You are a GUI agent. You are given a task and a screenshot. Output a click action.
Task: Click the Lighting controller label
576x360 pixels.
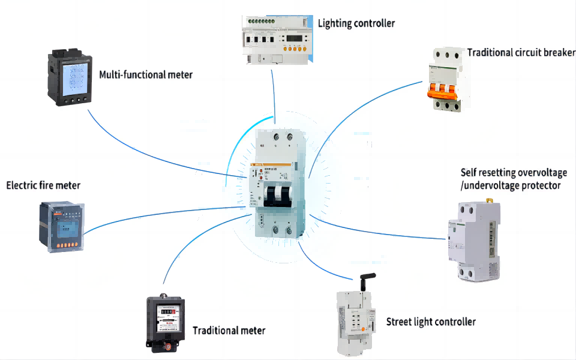pos(356,23)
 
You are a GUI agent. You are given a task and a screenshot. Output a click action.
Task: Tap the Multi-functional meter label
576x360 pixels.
pos(146,75)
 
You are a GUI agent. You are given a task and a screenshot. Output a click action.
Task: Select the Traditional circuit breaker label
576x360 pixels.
pos(521,52)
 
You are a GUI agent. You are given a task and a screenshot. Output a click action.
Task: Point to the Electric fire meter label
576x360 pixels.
pos(43,185)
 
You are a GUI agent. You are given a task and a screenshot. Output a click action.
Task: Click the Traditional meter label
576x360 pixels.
pos(229,330)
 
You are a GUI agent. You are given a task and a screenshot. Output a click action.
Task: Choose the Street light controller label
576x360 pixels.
pos(431,322)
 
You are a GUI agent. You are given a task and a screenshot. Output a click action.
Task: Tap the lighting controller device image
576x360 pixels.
pos(277,40)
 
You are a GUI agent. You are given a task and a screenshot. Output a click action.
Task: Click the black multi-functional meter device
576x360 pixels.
pos(70,78)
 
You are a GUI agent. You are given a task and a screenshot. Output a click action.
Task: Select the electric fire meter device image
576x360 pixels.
pos(62,226)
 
